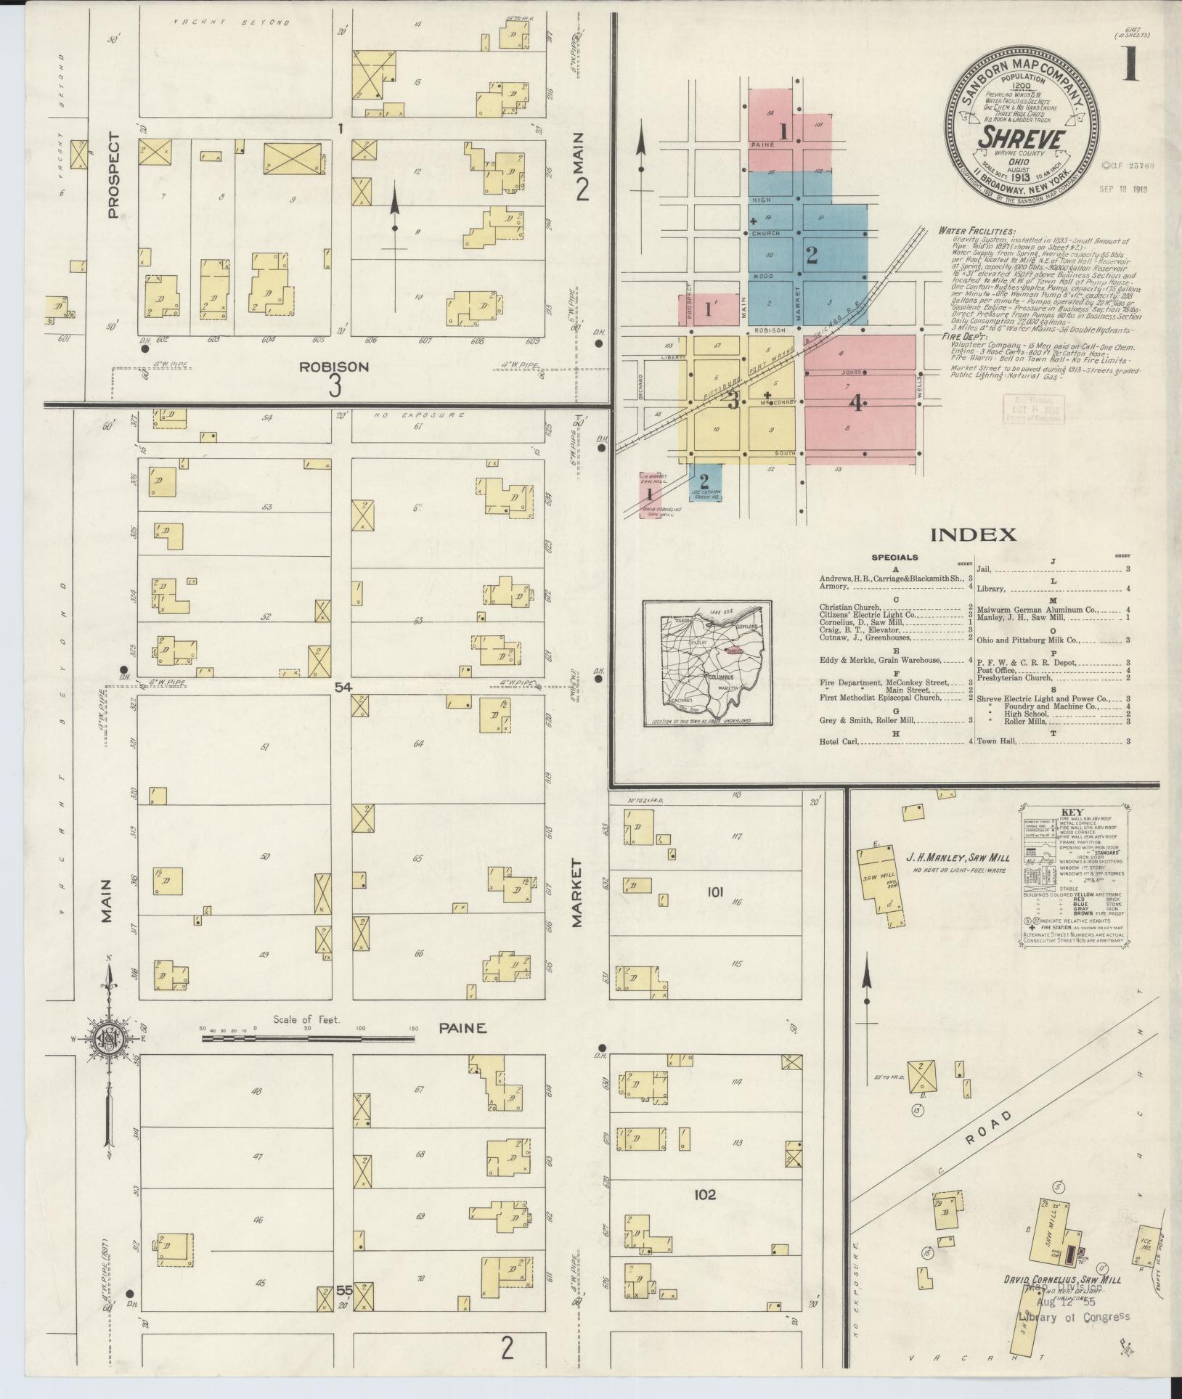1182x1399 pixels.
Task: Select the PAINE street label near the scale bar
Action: tap(462, 1029)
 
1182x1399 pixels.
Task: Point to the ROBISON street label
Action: tap(335, 367)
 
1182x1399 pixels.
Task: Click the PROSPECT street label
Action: tap(113, 175)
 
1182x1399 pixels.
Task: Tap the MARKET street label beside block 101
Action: tap(577, 893)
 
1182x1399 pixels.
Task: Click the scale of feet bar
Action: tap(309, 1039)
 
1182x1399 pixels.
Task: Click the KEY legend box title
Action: tap(1072, 812)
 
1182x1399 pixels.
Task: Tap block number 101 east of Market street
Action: tap(714, 892)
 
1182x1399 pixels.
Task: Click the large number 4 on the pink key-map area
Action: tap(857, 403)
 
